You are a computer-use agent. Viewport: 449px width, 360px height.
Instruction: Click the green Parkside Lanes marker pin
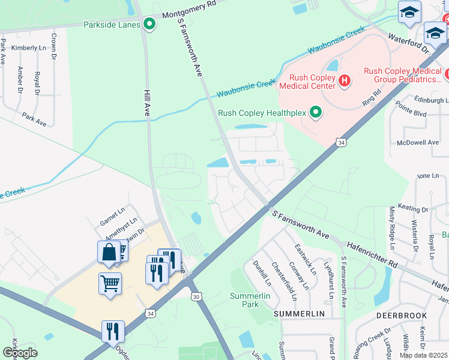tap(149, 25)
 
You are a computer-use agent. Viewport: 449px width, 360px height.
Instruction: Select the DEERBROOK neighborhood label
tap(402, 315)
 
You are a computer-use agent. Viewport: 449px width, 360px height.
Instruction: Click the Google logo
tap(20, 352)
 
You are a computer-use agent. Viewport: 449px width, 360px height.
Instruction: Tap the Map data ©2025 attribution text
tap(423, 355)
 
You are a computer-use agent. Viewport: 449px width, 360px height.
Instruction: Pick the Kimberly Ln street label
tap(28, 47)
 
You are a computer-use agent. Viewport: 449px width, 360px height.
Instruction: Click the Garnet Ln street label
tap(112, 218)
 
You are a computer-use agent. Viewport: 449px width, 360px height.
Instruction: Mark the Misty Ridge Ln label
tap(392, 227)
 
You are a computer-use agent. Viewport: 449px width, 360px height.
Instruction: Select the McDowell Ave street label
tap(418, 143)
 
